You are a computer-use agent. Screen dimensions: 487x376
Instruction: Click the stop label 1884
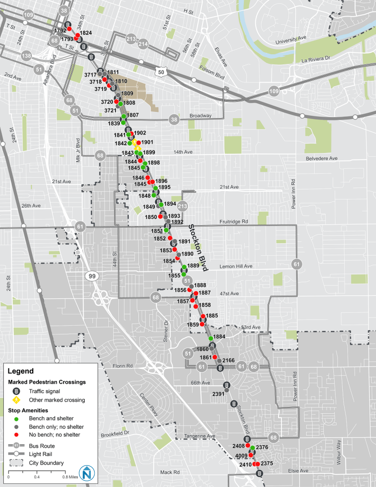pos(219,337)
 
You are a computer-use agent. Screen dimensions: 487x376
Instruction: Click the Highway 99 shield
pos(92,276)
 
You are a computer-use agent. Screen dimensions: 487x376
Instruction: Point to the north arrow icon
pos(86,472)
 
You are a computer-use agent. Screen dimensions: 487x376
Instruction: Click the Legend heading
pos(21,371)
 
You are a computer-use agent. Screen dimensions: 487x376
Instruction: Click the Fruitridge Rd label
pos(235,222)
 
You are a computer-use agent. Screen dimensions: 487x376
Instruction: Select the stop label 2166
pos(229,360)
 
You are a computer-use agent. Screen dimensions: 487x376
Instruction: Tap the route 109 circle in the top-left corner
pos(28,15)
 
